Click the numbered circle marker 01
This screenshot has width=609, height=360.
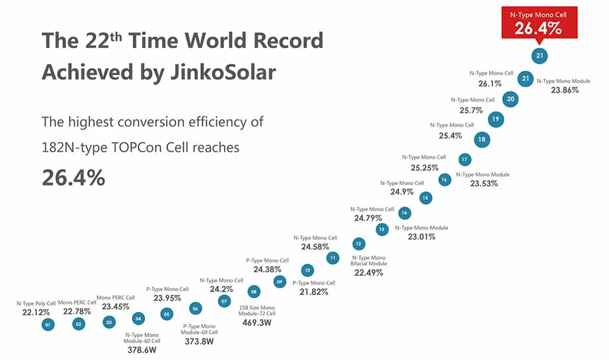pos(48,325)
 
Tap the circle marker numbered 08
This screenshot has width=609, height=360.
pos(254,292)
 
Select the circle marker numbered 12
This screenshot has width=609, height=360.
pos(359,244)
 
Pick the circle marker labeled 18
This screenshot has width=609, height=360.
pos(482,139)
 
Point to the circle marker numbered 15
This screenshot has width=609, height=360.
pos(426,197)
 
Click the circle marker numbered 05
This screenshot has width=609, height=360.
pos(166,314)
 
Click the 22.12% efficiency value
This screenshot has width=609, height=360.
pos(35,312)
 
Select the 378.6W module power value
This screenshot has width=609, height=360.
pos(141,350)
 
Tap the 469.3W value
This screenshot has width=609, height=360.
pos(256,322)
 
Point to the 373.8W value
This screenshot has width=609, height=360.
pos(200,342)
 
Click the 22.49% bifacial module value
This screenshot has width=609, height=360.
pos(368,273)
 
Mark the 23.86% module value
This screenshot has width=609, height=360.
pos(565,90)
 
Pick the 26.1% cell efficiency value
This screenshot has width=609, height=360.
pos(490,83)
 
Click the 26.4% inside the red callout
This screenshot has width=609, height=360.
pos(538,28)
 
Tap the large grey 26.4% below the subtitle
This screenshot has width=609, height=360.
pos(73,177)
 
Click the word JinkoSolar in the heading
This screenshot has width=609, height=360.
pos(220,72)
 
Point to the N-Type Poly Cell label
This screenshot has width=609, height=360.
pos(36,303)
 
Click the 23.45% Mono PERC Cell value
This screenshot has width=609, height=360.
pos(115,306)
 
